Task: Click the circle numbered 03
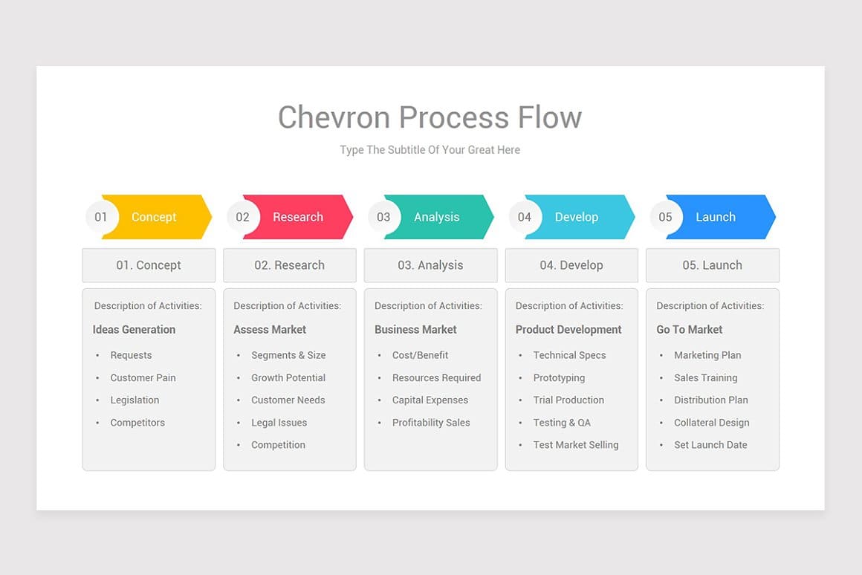(x=383, y=217)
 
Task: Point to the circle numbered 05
(x=665, y=217)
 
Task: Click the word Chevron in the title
(x=334, y=117)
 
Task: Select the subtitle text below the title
(x=430, y=150)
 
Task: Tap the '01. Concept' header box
(x=149, y=265)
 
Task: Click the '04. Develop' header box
(x=571, y=265)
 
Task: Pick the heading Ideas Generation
(x=134, y=330)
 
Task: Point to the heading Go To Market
(x=690, y=330)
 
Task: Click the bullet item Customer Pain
(x=143, y=377)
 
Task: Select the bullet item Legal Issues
(x=279, y=423)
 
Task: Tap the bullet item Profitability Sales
(x=431, y=423)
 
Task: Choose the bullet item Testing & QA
(x=562, y=423)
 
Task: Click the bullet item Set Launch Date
(x=710, y=445)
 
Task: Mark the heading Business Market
(x=415, y=330)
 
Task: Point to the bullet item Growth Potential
(x=288, y=377)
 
